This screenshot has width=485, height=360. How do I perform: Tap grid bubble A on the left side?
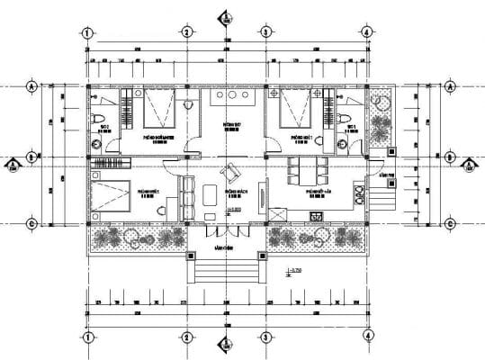click(x=31, y=87)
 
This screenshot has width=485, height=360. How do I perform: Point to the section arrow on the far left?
click(x=13, y=164)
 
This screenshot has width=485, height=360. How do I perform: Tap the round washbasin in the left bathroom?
click(x=95, y=141)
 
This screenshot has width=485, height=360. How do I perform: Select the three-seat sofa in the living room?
click(x=188, y=196)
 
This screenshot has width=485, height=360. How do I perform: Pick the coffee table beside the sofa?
click(x=210, y=195)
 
